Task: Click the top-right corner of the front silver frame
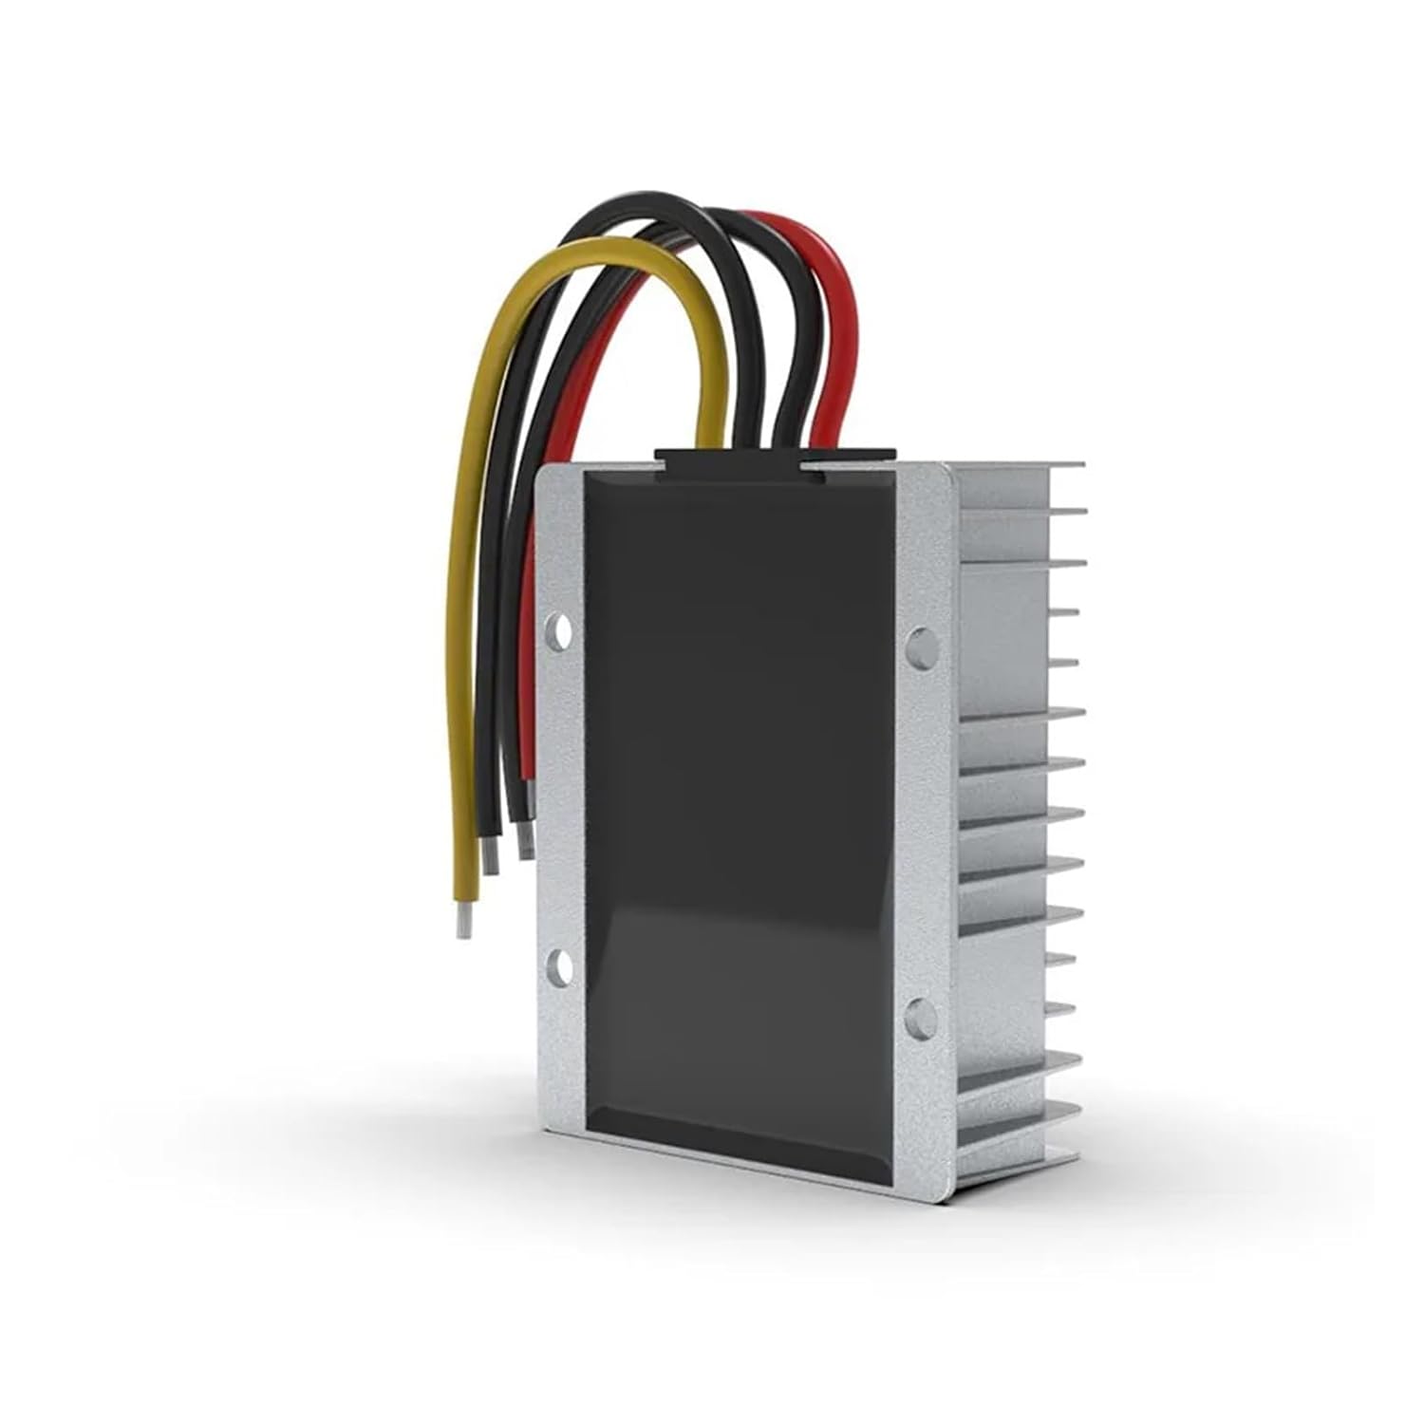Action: [x=948, y=467]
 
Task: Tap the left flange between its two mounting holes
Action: [x=560, y=797]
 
